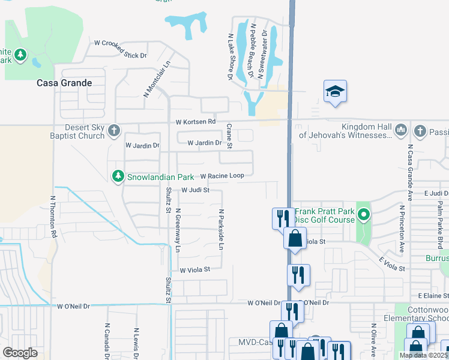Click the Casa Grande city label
pyautogui.click(x=64, y=83)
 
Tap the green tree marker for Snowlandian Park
pyautogui.click(x=118, y=176)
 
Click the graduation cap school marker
pyautogui.click(x=336, y=91)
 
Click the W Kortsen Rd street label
pyautogui.click(x=195, y=122)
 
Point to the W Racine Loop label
pyautogui.click(x=221, y=176)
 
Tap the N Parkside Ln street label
pyautogui.click(x=221, y=230)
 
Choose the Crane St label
pyautogui.click(x=229, y=137)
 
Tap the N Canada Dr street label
pyautogui.click(x=106, y=340)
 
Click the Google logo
pyautogui.click(x=20, y=352)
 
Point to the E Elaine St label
pyautogui.click(x=433, y=295)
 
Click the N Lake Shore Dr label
pyautogui.click(x=229, y=56)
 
